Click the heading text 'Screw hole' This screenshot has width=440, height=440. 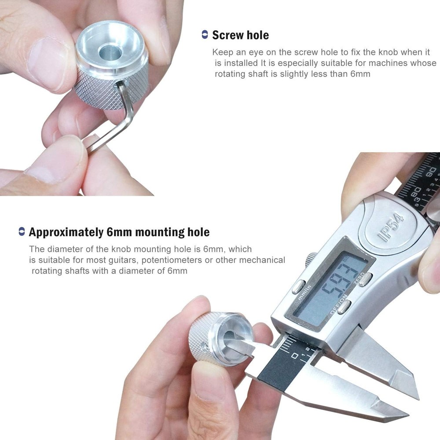click(x=240, y=35)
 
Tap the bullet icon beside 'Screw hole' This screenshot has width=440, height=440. click(x=205, y=35)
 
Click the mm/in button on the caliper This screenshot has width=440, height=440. click(x=299, y=286)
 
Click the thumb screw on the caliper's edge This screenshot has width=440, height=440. click(x=312, y=259)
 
